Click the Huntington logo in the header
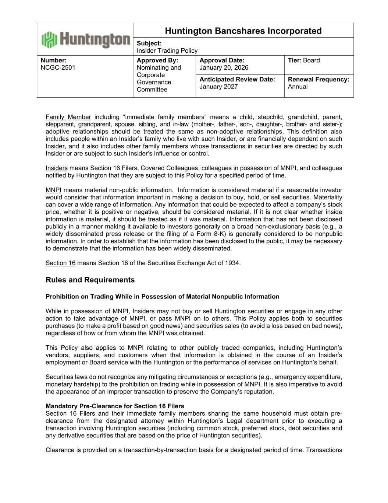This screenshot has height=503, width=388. point(85,39)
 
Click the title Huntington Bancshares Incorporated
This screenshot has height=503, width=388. point(243,31)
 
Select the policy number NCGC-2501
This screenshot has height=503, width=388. point(58,68)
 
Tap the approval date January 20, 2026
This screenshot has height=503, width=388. point(224,68)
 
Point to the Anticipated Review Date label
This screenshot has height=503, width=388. point(237,80)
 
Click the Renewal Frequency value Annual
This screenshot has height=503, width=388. point(298,87)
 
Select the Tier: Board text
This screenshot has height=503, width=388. point(304,60)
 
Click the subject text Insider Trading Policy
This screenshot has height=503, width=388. point(167,51)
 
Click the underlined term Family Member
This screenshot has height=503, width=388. point(68,117)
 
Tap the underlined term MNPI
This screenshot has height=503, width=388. point(53,190)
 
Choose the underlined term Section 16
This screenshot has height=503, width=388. point(60,263)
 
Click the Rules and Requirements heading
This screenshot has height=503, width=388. point(90,280)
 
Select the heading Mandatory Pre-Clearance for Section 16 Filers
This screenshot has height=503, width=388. point(115,406)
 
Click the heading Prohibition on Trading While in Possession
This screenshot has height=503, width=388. point(162,297)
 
